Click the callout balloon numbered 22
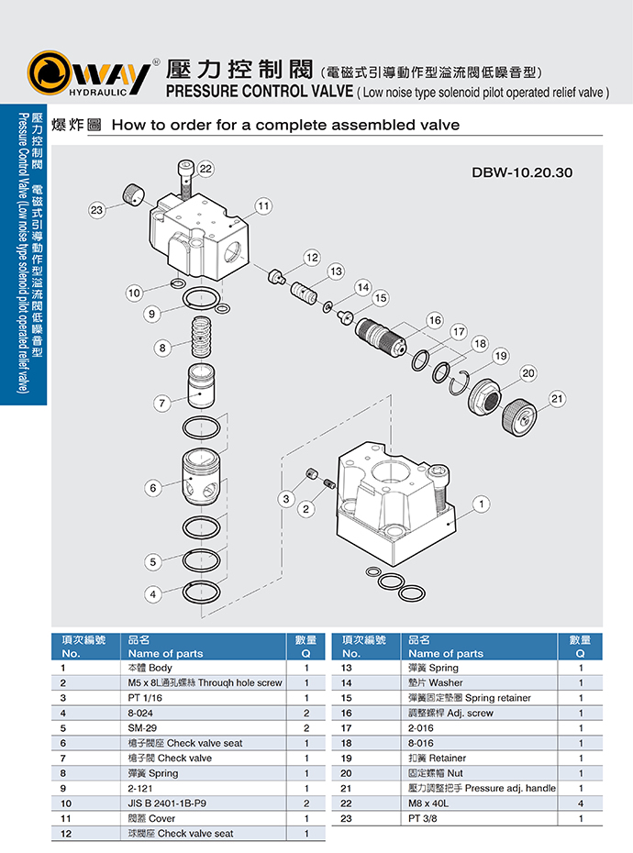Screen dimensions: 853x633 click(205, 168)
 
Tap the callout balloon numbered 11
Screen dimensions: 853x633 click(263, 205)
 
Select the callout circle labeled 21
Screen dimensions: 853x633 click(558, 398)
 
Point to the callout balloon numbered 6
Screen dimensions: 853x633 click(154, 489)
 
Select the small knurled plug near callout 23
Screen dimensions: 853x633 click(132, 195)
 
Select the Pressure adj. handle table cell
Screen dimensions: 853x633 click(481, 788)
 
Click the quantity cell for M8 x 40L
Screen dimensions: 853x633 click(581, 803)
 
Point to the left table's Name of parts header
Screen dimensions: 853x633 click(165, 653)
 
